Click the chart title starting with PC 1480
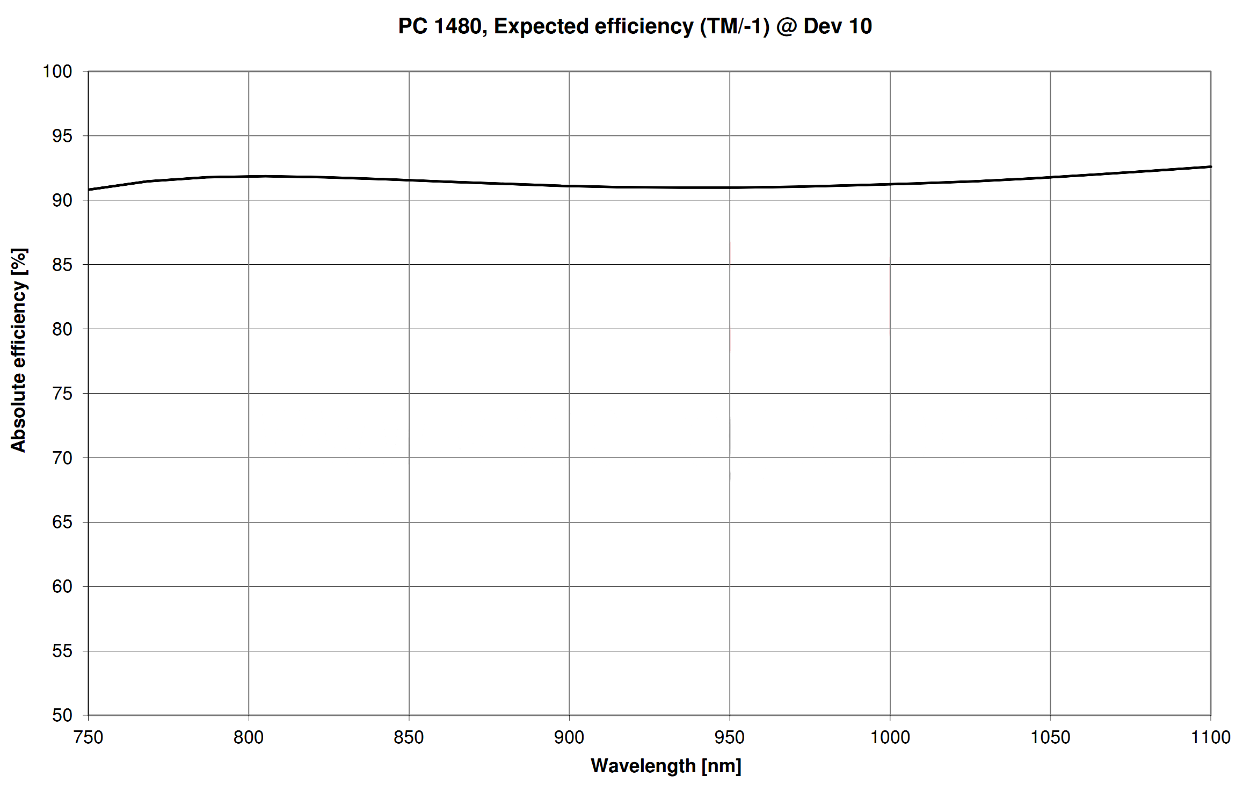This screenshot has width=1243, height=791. point(635,26)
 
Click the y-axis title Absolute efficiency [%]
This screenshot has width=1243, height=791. point(19,350)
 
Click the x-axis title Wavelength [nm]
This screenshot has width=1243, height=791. point(666,765)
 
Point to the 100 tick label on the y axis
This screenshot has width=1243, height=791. point(57,71)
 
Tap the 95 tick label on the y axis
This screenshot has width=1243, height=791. point(62,136)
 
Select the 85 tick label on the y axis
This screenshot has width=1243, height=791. point(62,265)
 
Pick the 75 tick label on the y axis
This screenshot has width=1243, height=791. point(62,394)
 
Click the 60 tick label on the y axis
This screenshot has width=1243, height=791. point(62,586)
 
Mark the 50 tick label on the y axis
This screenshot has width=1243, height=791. point(62,715)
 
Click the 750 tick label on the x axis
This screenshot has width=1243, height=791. point(88,737)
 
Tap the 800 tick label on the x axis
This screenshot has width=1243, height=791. point(249,737)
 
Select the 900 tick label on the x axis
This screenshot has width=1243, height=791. point(569,737)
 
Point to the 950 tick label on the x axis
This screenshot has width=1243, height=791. point(730,737)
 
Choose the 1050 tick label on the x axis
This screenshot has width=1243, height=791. point(1050,737)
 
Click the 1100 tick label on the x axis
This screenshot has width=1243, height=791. point(1211,737)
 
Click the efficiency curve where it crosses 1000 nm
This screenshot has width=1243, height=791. point(890,184)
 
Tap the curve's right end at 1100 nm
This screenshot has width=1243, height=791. point(1210,166)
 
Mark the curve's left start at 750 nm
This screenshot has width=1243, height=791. point(89,190)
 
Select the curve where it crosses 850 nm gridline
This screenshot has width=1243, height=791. point(409,180)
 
